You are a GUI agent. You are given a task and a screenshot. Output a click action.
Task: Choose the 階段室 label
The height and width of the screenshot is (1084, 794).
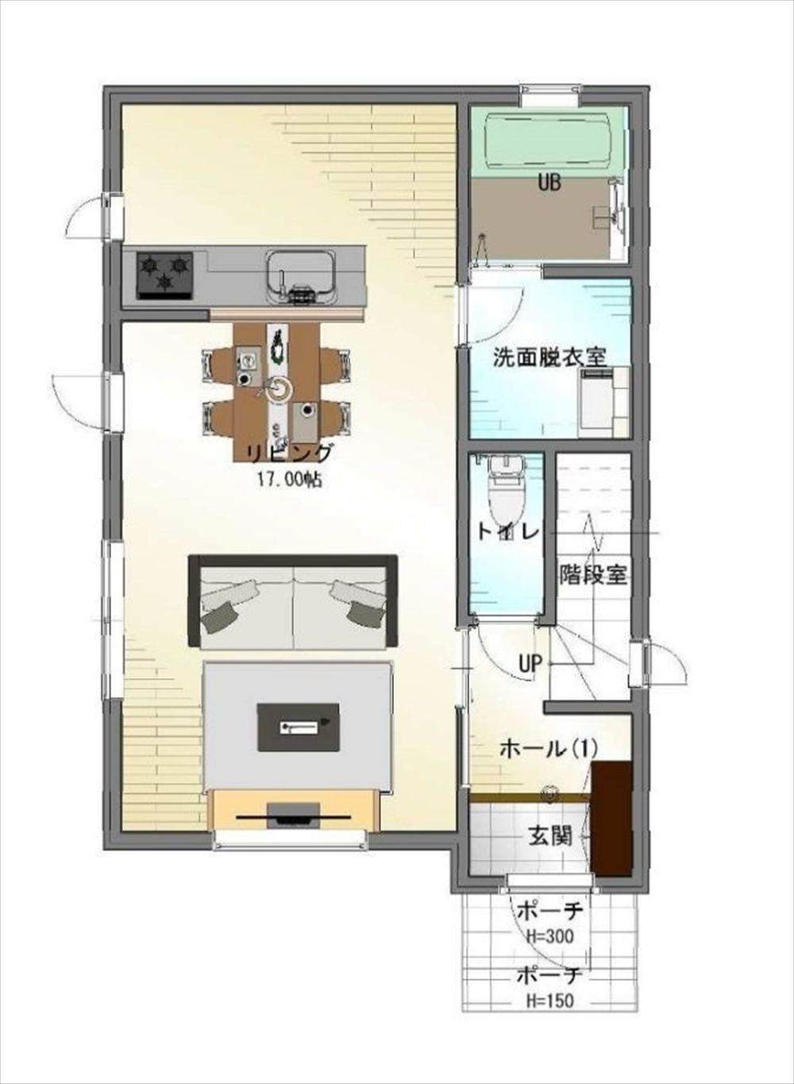[x=593, y=575]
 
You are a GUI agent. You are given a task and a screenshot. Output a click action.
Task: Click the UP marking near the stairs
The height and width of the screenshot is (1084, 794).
[x=530, y=664]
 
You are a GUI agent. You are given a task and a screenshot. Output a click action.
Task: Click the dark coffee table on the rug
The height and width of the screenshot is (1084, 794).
[x=298, y=727]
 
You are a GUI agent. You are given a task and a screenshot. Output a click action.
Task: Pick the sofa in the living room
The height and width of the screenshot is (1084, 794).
[x=293, y=602]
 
